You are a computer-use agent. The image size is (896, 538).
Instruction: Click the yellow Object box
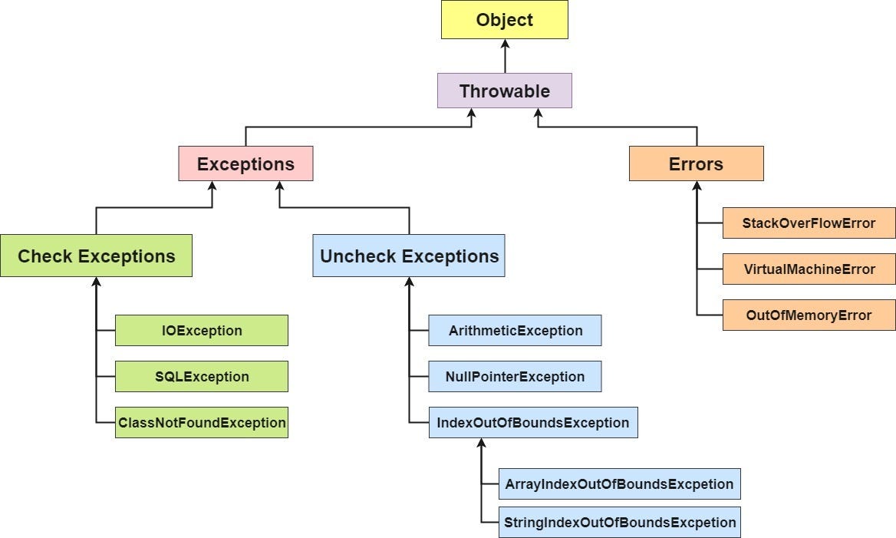tap(504, 20)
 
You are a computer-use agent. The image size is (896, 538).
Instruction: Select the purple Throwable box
tap(504, 91)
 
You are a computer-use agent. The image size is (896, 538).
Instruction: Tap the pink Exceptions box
tap(245, 163)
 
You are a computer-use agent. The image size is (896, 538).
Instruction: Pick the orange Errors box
tap(696, 163)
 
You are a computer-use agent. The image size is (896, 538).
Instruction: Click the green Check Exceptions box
tap(96, 256)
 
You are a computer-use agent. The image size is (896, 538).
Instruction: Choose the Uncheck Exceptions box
tap(409, 256)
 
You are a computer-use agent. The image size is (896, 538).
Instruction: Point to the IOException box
tap(202, 331)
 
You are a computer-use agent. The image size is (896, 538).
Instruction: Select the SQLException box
tap(202, 377)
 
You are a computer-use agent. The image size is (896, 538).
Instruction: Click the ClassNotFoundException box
tap(202, 423)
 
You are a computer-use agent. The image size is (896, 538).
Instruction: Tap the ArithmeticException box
tap(515, 331)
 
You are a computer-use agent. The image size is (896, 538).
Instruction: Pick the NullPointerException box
tap(515, 377)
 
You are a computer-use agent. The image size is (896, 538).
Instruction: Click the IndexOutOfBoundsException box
tap(532, 423)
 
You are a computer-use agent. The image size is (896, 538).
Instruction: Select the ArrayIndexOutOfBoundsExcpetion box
tap(619, 484)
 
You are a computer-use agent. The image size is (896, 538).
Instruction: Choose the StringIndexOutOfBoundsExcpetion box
tap(619, 523)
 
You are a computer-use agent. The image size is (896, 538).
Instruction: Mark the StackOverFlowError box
tap(809, 223)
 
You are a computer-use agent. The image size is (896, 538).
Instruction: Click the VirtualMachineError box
tap(809, 269)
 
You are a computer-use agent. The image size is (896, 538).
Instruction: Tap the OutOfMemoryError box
tap(809, 315)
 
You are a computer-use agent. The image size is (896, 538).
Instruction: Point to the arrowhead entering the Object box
tap(505, 45)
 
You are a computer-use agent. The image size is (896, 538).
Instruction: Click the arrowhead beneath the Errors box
tap(697, 186)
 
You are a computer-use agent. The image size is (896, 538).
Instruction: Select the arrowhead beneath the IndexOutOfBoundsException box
tap(481, 444)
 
